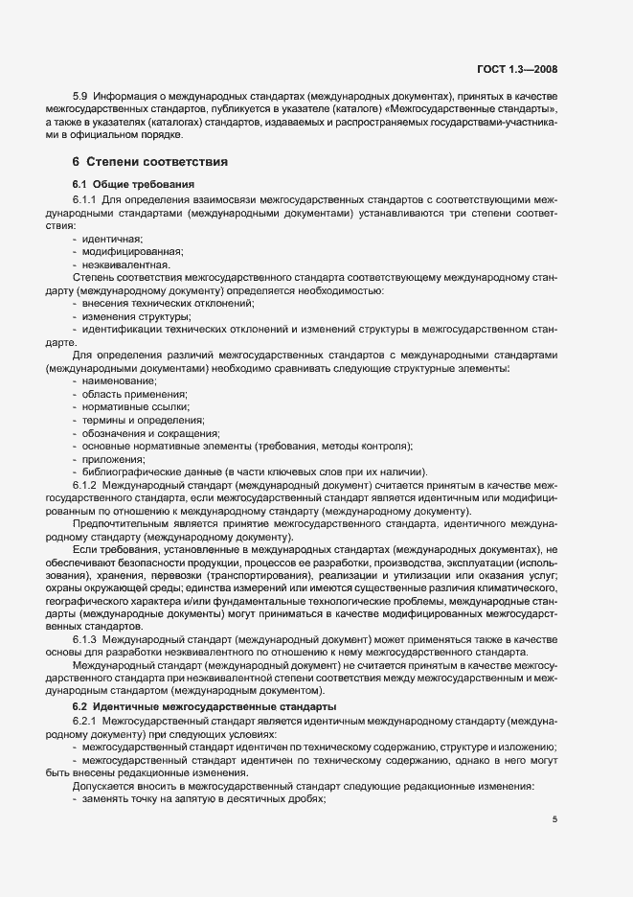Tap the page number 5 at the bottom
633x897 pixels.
pyautogui.click(x=554, y=818)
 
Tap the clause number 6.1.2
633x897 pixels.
pyautogui.click(x=85, y=486)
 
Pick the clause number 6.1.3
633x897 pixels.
pyautogui.click(x=85, y=638)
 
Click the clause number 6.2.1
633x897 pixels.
pyautogui.click(x=85, y=721)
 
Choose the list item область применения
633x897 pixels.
pyautogui.click(x=134, y=394)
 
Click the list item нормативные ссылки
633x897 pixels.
pyautogui.click(x=136, y=407)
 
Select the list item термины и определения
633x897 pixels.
pyautogui.click(x=143, y=420)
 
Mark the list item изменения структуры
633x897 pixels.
pyautogui.click(x=136, y=316)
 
